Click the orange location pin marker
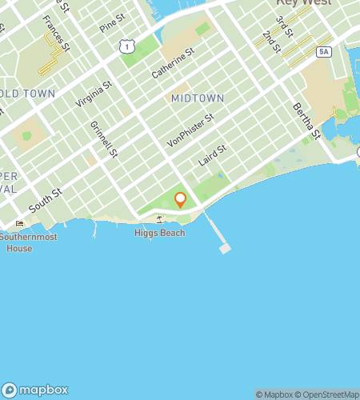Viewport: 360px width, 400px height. [x=180, y=199]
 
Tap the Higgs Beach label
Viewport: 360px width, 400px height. [x=159, y=233]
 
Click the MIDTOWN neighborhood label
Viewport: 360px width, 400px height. [x=196, y=98]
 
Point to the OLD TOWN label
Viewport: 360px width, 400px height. [x=29, y=94]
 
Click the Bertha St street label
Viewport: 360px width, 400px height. [x=306, y=119]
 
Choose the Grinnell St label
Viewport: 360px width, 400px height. [x=105, y=138]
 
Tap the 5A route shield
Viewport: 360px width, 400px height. [x=323, y=52]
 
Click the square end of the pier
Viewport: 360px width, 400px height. [x=225, y=248]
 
